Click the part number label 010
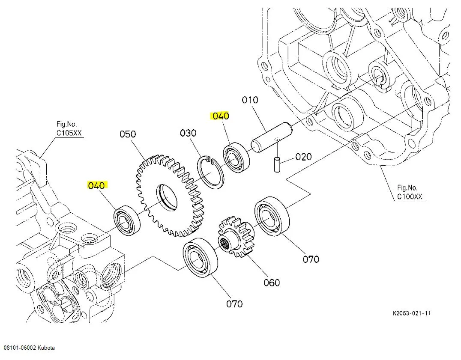(x=250, y=100)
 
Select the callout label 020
(x=303, y=157)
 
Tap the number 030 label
(x=188, y=133)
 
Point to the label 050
(x=128, y=134)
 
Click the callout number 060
(x=272, y=283)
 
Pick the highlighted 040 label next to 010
(x=220, y=116)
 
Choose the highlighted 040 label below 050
(x=96, y=185)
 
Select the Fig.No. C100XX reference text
(x=410, y=192)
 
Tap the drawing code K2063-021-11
(x=412, y=313)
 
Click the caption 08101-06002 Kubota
(x=29, y=348)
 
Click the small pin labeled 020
(x=277, y=164)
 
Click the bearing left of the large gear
(x=127, y=220)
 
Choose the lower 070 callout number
(x=234, y=304)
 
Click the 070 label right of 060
(x=311, y=259)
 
